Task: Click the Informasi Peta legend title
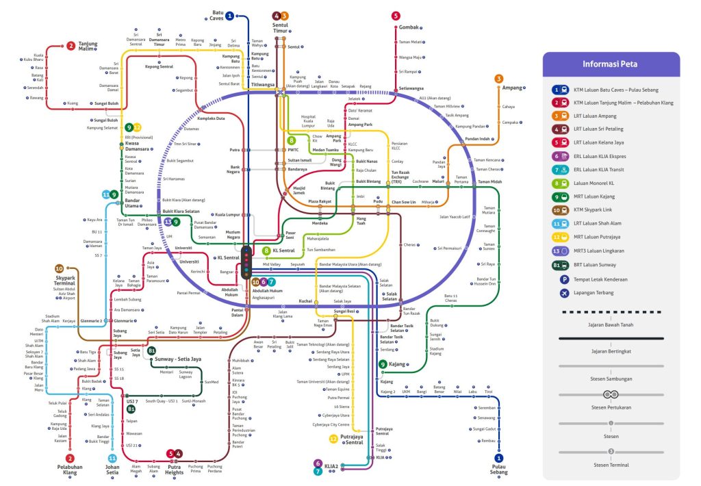tap(611, 65)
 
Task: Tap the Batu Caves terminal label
tap(218, 15)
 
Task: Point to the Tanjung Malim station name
tap(88, 46)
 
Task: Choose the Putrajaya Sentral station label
tap(353, 439)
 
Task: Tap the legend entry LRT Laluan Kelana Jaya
tap(600, 143)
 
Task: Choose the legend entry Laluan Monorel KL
tap(593, 183)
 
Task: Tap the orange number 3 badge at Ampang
tap(499, 79)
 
